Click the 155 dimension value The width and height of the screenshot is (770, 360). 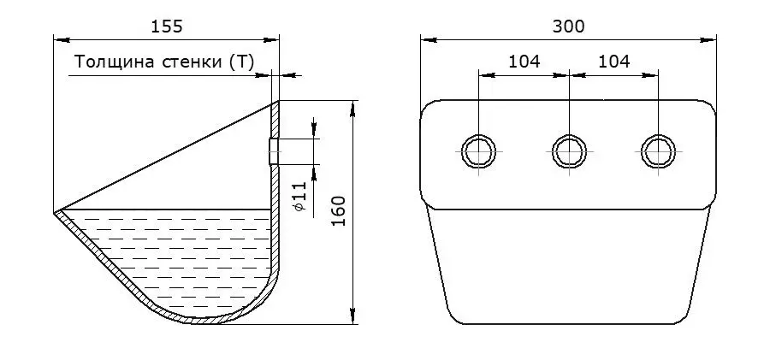167,27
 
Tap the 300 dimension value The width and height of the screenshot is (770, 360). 569,27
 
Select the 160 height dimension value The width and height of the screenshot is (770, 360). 339,210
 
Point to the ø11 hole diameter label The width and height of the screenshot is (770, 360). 300,197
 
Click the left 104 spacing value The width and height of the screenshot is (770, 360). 524,62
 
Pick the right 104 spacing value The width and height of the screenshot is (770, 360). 613,62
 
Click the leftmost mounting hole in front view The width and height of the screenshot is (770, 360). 479,151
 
